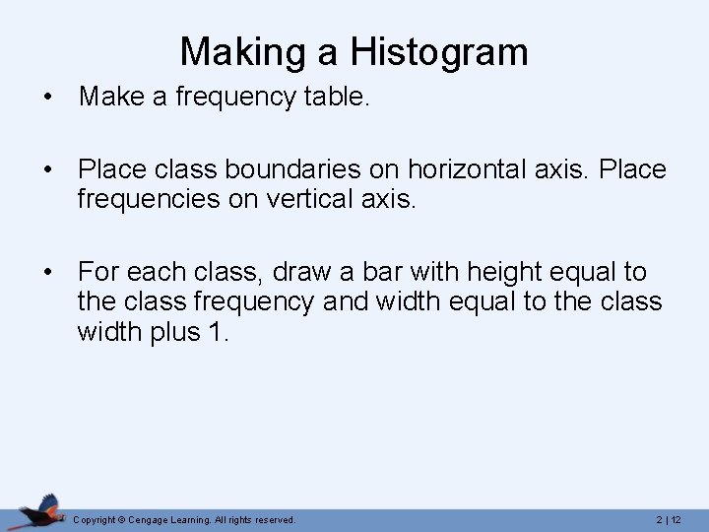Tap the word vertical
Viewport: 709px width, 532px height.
coord(331,201)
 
